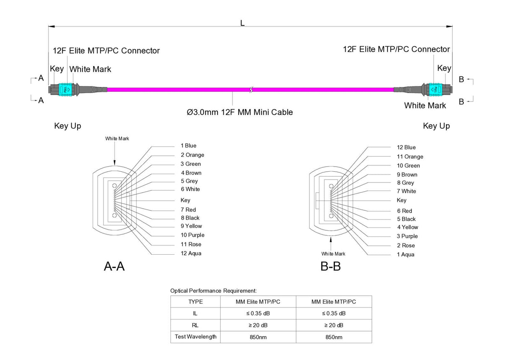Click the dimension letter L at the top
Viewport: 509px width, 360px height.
point(242,23)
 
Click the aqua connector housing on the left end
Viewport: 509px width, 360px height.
point(65,89)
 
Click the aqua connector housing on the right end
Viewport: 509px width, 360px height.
point(434,89)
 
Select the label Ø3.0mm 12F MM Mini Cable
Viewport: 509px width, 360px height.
point(239,112)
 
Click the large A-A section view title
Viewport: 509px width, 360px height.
point(114,266)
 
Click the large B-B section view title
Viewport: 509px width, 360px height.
point(330,266)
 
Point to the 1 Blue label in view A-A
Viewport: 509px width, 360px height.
point(188,146)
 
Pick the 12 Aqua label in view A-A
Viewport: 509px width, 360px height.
point(191,253)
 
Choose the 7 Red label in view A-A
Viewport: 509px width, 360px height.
point(188,209)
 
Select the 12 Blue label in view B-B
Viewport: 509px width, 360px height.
point(406,147)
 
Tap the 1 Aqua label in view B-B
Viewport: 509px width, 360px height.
point(405,255)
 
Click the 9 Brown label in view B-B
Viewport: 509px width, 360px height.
point(407,175)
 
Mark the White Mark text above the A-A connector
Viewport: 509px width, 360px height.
point(117,138)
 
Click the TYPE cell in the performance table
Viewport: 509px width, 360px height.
point(195,302)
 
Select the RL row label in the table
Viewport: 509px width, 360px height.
point(195,325)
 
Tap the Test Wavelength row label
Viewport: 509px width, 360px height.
point(195,337)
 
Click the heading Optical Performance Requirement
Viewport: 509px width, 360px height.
point(213,290)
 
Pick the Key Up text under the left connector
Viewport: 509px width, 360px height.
point(68,126)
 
